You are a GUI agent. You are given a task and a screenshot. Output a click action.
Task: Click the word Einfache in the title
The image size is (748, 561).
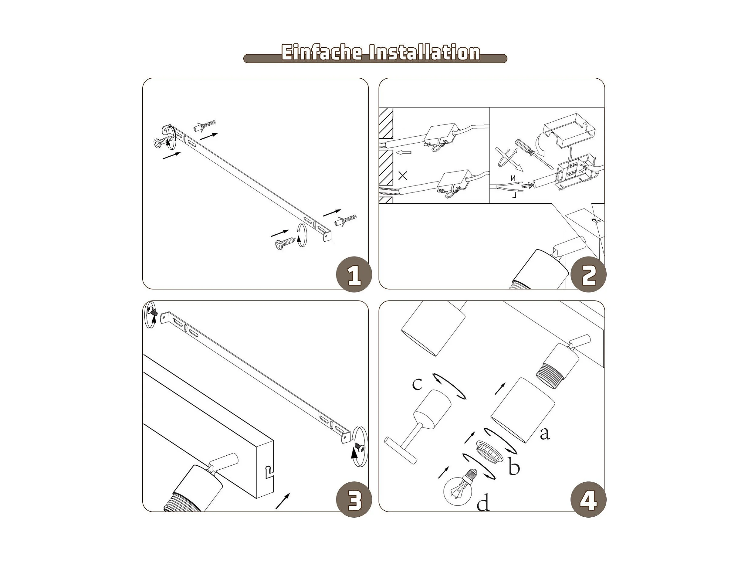(322, 53)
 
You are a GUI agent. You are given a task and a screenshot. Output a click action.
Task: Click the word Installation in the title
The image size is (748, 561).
(425, 53)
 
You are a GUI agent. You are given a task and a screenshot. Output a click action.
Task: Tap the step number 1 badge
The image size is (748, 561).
(354, 274)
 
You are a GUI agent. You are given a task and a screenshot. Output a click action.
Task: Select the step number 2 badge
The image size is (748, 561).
(588, 274)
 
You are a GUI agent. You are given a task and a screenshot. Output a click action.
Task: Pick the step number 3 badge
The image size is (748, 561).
(354, 499)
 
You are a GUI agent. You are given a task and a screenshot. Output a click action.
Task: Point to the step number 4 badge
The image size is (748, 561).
(588, 499)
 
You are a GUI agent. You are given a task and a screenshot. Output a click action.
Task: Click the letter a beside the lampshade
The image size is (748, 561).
(545, 434)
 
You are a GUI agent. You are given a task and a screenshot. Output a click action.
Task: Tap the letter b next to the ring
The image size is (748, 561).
(514, 467)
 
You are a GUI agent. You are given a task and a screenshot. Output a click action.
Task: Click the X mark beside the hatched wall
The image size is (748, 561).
(402, 175)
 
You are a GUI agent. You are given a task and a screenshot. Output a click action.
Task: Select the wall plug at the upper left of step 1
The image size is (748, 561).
(205, 125)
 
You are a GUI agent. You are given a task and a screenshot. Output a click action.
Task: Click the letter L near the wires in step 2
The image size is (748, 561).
(514, 195)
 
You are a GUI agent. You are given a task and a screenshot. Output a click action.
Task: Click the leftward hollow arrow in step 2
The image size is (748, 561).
(403, 153)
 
